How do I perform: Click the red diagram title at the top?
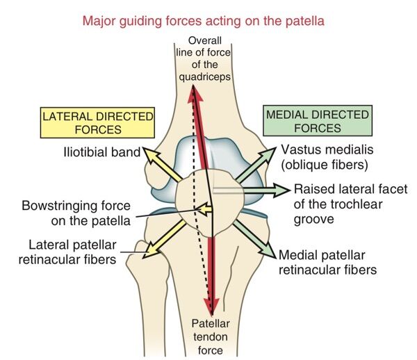click(x=203, y=20)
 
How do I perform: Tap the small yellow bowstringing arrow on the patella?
click(x=203, y=207)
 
